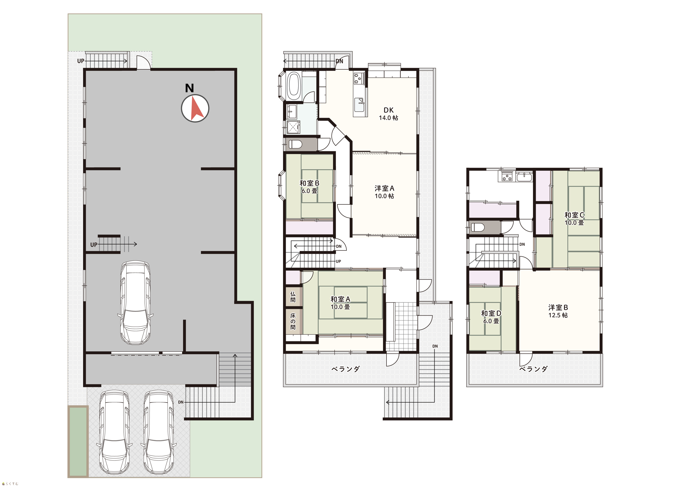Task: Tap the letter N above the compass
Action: pyautogui.click(x=189, y=88)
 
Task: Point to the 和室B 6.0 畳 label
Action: pyautogui.click(x=309, y=187)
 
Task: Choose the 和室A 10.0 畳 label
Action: pyautogui.click(x=340, y=303)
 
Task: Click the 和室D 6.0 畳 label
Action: pyautogui.click(x=491, y=317)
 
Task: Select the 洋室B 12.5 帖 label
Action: pyautogui.click(x=558, y=311)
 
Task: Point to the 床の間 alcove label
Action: pyautogui.click(x=293, y=321)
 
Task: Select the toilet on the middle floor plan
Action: pyautogui.click(x=295, y=144)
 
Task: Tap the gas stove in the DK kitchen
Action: pyautogui.click(x=358, y=78)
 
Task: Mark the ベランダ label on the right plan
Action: pyautogui.click(x=533, y=369)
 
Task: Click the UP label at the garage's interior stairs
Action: pyautogui.click(x=94, y=245)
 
